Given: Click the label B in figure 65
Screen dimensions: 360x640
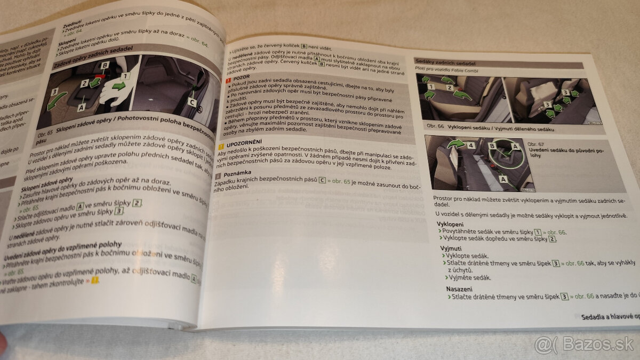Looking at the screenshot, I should click(105, 65).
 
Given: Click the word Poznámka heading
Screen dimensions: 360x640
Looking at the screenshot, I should click(235, 175).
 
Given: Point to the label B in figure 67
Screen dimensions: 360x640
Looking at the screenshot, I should click(491, 143).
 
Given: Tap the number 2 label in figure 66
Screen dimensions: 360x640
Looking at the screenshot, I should click(449, 87).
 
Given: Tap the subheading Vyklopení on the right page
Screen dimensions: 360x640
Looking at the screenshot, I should click(450, 224).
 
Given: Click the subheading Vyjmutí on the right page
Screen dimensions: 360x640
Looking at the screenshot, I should click(451, 249).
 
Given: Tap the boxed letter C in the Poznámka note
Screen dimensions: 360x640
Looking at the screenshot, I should click(322, 180).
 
